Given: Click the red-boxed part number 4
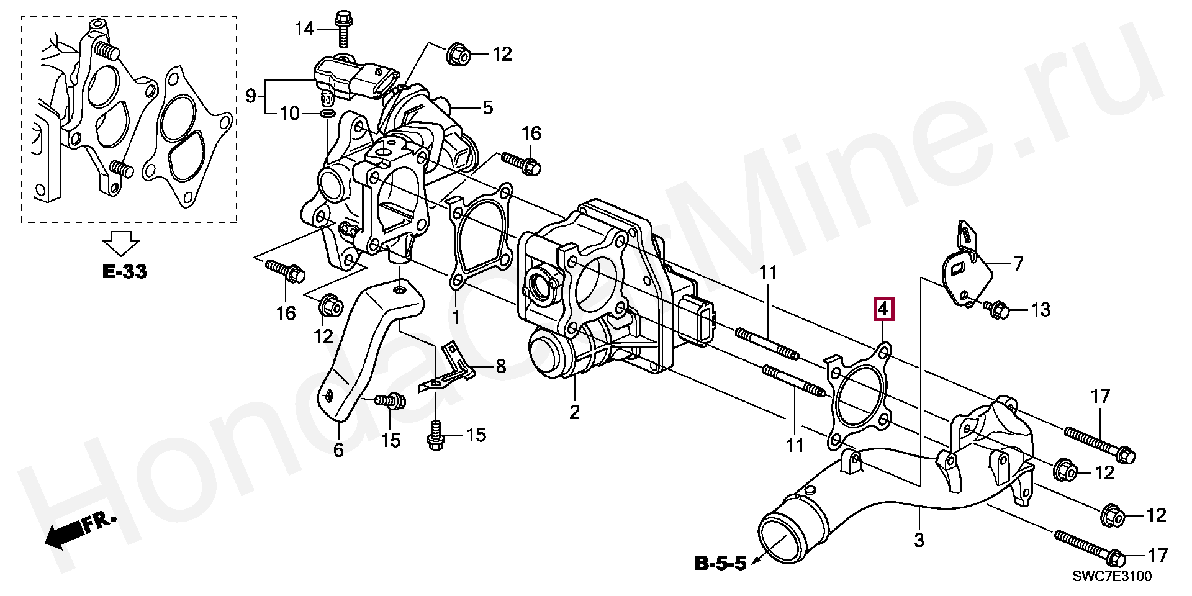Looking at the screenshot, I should [883, 309].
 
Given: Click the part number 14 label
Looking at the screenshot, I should [304, 29].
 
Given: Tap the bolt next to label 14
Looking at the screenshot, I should [342, 28].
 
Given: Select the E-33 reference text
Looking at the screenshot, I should [125, 271].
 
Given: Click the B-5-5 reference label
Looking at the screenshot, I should [720, 564].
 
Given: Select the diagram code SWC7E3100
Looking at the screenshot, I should [1112, 576].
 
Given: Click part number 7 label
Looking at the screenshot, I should [1018, 264].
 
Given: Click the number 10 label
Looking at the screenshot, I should [289, 114].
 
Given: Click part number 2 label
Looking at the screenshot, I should [574, 411].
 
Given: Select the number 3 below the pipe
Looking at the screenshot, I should [919, 540].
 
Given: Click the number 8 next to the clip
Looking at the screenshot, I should [500, 366].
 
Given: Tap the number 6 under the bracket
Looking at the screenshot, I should [338, 449].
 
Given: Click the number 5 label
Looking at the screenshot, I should [488, 107].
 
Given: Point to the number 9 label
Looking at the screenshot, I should [250, 96].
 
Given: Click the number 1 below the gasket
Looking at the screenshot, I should [455, 317].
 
